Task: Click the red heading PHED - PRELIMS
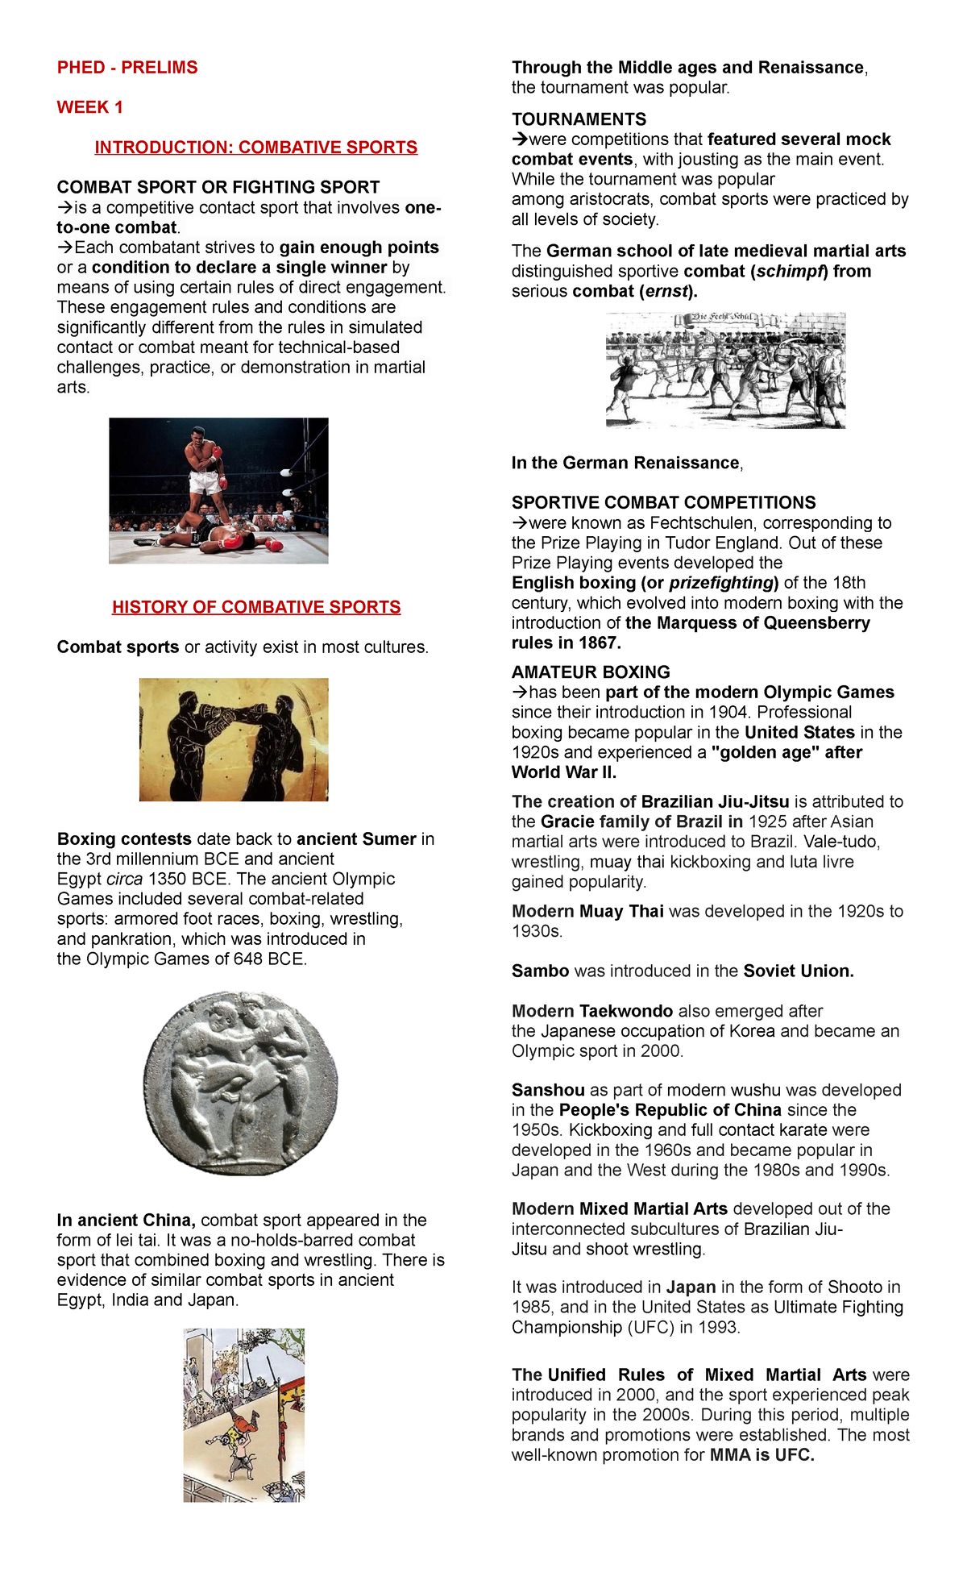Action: click(x=127, y=68)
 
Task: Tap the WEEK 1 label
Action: click(x=89, y=107)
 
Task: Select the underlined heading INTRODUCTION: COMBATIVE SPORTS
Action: click(x=256, y=148)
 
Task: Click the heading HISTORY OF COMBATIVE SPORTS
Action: click(x=256, y=607)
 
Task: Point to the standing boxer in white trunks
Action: click(x=204, y=468)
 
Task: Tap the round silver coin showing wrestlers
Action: click(x=241, y=1083)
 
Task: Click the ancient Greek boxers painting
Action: click(x=234, y=739)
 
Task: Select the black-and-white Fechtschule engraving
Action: click(x=725, y=370)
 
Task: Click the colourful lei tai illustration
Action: click(x=243, y=1415)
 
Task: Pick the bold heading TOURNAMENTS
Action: click(x=579, y=119)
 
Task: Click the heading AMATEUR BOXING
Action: click(x=591, y=672)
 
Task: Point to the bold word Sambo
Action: click(x=540, y=971)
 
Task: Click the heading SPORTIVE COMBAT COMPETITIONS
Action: click(x=663, y=503)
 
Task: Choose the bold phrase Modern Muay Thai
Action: click(x=587, y=912)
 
